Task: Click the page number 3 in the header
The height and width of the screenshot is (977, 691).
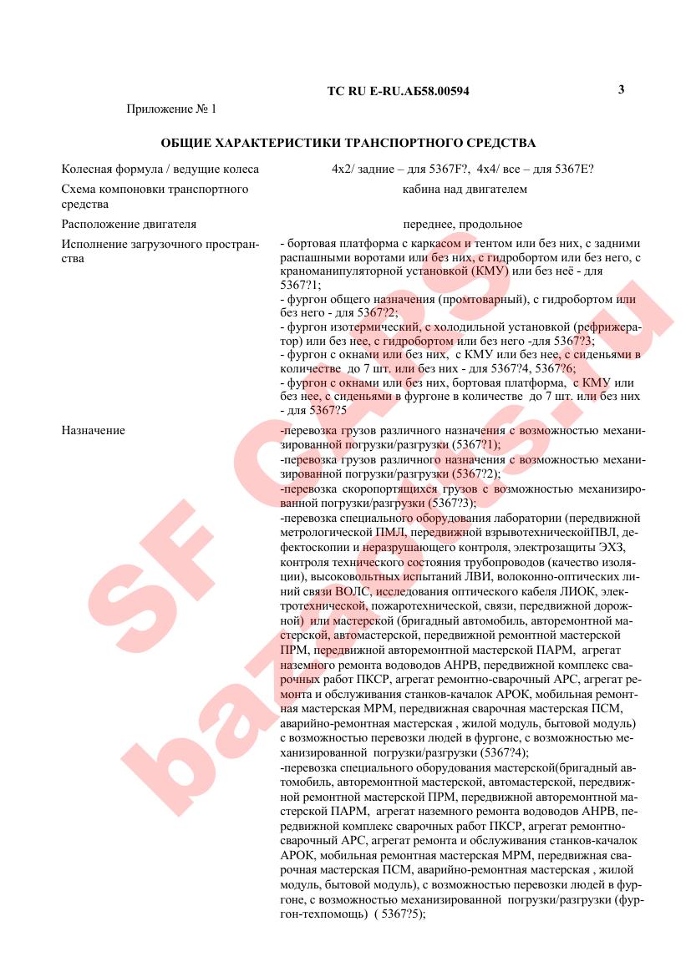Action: [621, 89]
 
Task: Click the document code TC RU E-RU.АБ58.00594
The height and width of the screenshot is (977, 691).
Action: [398, 91]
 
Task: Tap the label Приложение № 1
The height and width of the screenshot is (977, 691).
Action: [170, 109]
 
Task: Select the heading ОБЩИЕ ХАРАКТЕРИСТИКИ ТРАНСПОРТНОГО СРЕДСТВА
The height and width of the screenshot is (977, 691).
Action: [348, 143]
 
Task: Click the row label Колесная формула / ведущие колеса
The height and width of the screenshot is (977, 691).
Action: [160, 169]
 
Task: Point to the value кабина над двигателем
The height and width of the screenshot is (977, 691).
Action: [465, 189]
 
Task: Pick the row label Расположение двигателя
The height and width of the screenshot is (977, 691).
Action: [129, 224]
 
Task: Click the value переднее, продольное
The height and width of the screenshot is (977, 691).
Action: [462, 224]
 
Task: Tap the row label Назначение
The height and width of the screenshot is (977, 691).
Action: [93, 430]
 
